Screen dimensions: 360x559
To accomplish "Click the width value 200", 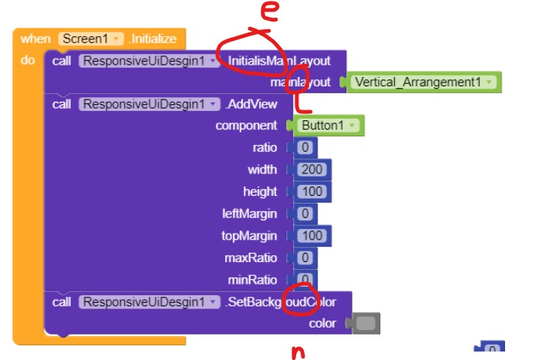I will (312, 170).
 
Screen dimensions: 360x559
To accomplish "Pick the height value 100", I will (312, 191).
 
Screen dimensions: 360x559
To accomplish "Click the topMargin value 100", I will (312, 235).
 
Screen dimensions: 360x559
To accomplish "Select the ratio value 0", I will (305, 147).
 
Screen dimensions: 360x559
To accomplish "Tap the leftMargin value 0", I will (305, 213).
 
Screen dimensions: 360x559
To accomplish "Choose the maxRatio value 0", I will (305, 257).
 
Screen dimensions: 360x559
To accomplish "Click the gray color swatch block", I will (366, 324).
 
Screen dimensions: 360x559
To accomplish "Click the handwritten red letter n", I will (297, 352).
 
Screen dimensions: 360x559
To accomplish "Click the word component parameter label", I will (246, 126).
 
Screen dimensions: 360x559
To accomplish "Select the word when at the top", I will (35, 39).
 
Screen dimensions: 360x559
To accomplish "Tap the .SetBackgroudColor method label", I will (281, 302).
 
